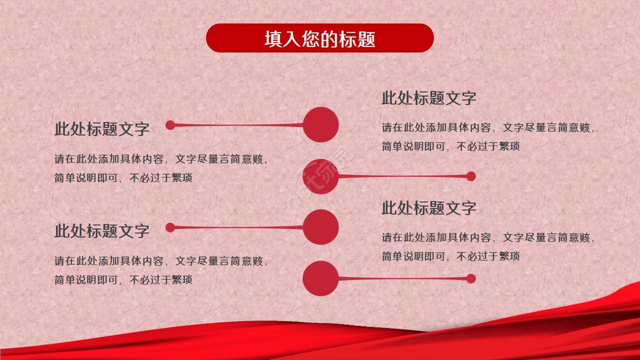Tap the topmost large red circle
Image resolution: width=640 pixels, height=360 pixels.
click(321, 124)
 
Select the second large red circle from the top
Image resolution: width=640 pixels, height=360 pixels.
click(320, 176)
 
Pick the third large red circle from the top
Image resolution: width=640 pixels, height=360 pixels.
click(321, 227)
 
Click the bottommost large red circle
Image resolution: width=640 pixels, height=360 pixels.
click(320, 278)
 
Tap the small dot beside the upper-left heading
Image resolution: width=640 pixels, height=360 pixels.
click(170, 125)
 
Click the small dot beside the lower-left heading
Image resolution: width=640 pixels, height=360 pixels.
click(170, 227)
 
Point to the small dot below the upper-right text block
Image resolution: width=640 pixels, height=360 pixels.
click(470, 176)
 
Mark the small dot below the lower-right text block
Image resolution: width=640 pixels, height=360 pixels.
click(470, 278)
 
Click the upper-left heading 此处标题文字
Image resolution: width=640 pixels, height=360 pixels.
click(102, 129)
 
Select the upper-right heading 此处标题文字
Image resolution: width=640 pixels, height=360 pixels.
click(429, 98)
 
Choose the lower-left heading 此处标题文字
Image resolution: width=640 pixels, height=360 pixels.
click(102, 231)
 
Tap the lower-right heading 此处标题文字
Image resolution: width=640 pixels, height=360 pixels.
click(429, 208)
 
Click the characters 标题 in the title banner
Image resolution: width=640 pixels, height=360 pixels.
click(357, 39)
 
